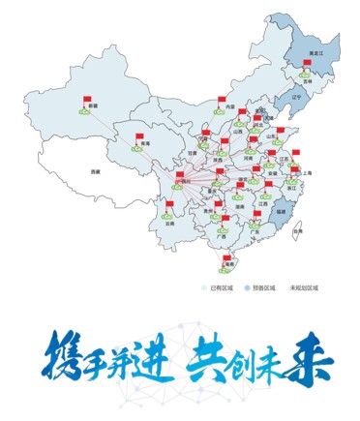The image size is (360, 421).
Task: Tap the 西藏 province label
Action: (x=94, y=170)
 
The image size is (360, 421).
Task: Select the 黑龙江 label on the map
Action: (x=315, y=54)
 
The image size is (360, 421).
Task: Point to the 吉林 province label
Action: (x=308, y=84)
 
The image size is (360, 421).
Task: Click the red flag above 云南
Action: (x=170, y=204)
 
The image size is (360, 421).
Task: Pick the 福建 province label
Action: (x=281, y=209)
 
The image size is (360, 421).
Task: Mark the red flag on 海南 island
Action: (x=224, y=254)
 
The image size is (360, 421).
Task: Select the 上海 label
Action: (x=308, y=172)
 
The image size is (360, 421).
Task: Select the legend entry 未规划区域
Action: (x=305, y=287)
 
